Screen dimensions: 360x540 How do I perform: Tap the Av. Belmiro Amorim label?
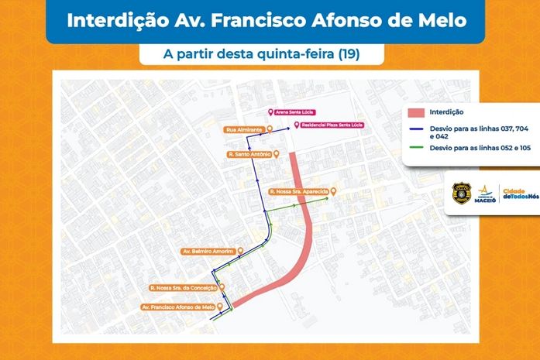pos(207,251)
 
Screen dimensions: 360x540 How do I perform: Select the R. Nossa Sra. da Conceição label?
pos(182,288)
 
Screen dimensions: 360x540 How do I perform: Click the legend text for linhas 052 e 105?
pos(469,147)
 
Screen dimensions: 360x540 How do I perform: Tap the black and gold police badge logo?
pos(462,192)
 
